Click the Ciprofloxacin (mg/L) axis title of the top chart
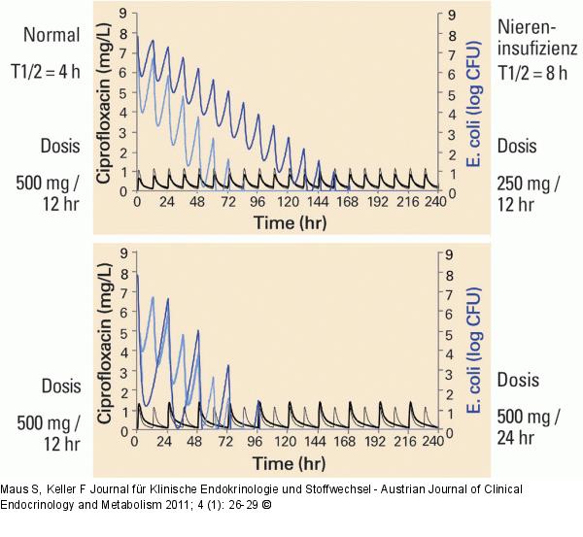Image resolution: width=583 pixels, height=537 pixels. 104,103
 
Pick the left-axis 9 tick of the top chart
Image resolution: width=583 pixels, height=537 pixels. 122,14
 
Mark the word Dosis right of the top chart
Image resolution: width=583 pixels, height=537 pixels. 516,146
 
